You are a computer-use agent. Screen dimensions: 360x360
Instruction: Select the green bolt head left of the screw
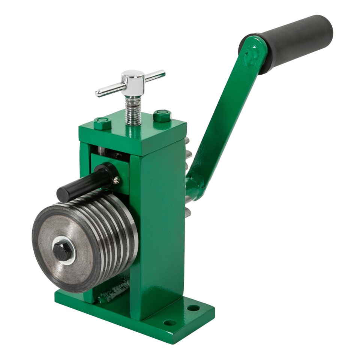coord(102,123)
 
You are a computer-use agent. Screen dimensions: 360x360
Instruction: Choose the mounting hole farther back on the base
coord(193,308)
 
